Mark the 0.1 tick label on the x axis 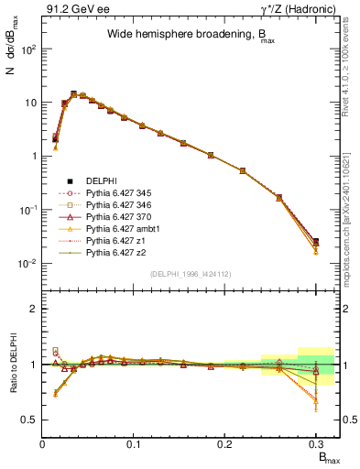pyautogui.click(x=135, y=444)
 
